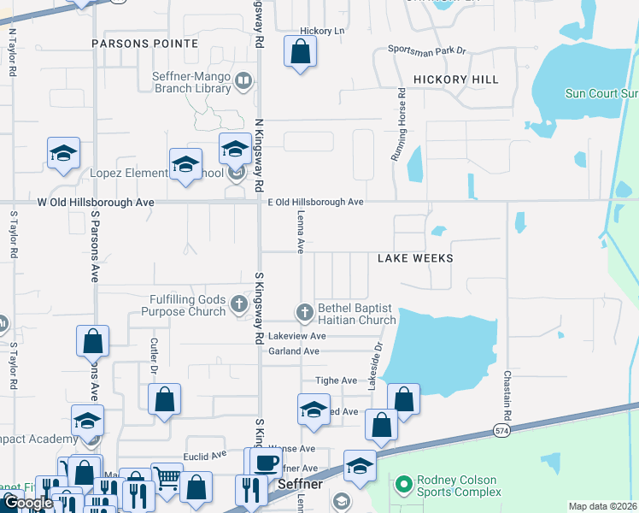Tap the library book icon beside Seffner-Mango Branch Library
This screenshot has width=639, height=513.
pyautogui.click(x=243, y=81)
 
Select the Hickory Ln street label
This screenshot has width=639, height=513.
pyautogui.click(x=321, y=31)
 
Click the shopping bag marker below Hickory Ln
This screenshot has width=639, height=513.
pyautogui.click(x=300, y=52)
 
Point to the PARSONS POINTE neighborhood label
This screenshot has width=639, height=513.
pyautogui.click(x=145, y=43)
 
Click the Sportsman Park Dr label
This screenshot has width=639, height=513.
pyautogui.click(x=426, y=50)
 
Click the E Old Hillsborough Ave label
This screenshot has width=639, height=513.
pyautogui.click(x=316, y=202)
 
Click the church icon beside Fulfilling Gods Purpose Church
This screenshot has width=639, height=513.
pyautogui.click(x=239, y=301)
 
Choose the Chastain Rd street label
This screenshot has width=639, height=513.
pyautogui.click(x=507, y=393)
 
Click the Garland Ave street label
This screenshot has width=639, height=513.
pyautogui.click(x=293, y=351)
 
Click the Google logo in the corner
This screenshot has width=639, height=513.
pyautogui.click(x=27, y=503)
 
